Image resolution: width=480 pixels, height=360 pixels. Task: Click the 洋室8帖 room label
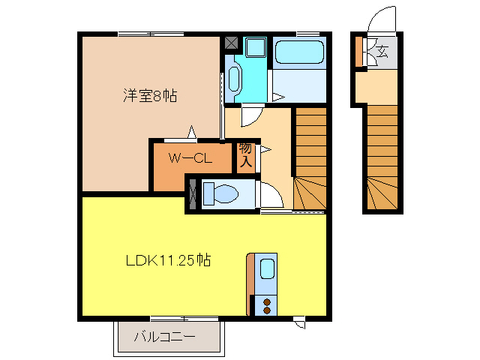(x=151, y=96)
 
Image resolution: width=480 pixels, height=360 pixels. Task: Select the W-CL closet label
(x=188, y=158)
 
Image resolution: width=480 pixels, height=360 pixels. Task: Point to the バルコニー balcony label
(x=165, y=337)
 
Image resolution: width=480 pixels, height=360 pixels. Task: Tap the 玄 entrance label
(x=382, y=52)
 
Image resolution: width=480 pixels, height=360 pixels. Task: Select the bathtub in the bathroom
(x=299, y=53)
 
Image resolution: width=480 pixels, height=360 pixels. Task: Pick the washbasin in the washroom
(x=233, y=78)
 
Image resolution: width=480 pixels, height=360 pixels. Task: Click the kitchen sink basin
(x=266, y=268)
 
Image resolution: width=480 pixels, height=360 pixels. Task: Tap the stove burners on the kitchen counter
(x=266, y=305)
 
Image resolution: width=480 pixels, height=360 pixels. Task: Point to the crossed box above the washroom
(x=232, y=43)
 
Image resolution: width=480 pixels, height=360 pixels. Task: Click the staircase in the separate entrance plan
(x=382, y=157)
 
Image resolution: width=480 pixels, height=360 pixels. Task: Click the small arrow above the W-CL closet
(x=192, y=133)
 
